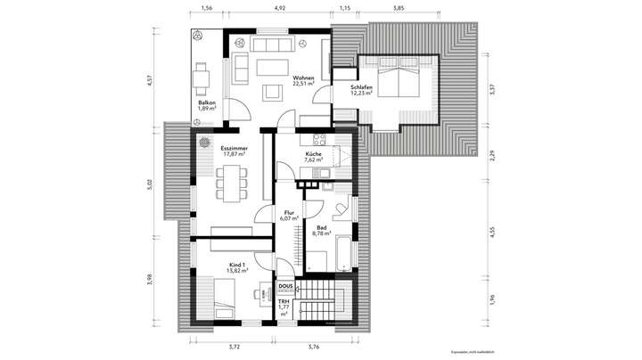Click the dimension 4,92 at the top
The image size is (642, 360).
[280, 7]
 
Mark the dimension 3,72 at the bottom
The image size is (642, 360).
[235, 348]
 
